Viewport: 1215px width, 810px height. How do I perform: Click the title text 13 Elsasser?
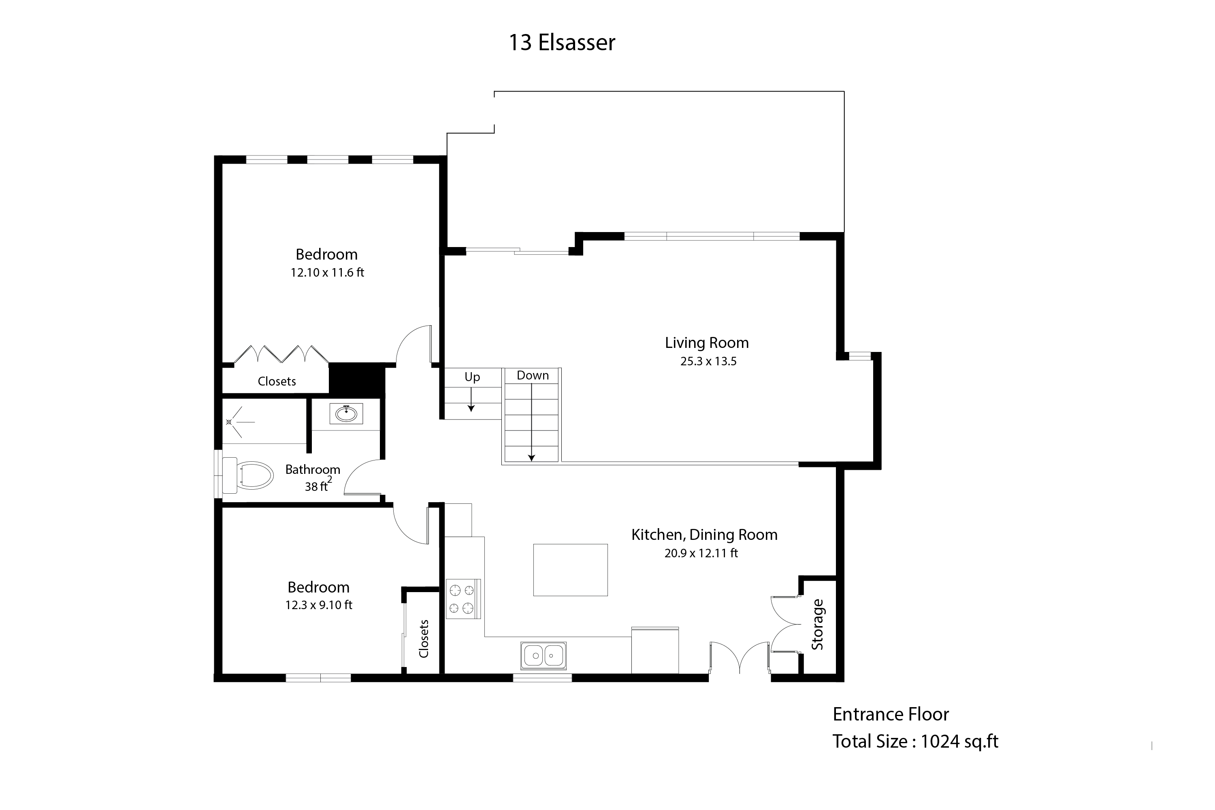coord(562,43)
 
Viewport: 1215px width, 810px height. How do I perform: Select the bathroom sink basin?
coord(346,413)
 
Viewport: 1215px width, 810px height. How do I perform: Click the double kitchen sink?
coord(544,656)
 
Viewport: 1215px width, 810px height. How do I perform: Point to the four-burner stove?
coord(463,599)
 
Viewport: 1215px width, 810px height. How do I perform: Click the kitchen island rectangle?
coord(570,570)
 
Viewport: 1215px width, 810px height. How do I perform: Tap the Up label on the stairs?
coord(472,377)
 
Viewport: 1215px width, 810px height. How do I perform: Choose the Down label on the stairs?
coord(533,375)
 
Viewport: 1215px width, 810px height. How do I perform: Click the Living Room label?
coord(707,343)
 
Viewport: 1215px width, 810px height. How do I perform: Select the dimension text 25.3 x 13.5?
coord(708,361)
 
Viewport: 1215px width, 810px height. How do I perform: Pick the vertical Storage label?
coord(817,624)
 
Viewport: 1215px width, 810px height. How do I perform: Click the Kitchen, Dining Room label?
coord(704,535)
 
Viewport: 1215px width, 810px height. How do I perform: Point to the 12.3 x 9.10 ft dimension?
coord(319,605)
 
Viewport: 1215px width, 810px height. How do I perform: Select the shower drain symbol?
coord(229,422)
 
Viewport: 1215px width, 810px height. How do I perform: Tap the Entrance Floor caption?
coord(891,714)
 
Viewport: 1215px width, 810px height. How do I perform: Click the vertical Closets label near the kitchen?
coord(424,639)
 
